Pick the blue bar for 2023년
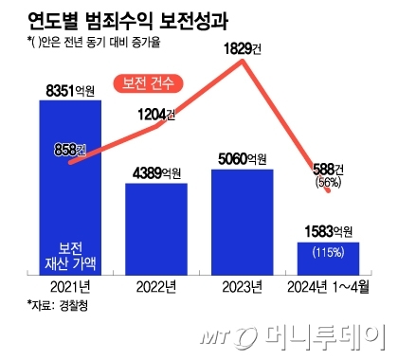coord(243,218)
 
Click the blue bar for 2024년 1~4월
coord(329,256)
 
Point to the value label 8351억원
coord(71,91)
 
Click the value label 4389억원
coord(157,174)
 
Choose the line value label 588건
coord(328,169)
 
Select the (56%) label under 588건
coord(328,183)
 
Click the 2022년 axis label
coord(156,285)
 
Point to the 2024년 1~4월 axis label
coord(328,285)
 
